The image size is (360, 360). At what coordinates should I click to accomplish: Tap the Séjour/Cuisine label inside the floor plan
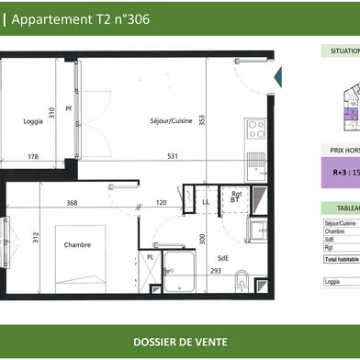click(x=172, y=120)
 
